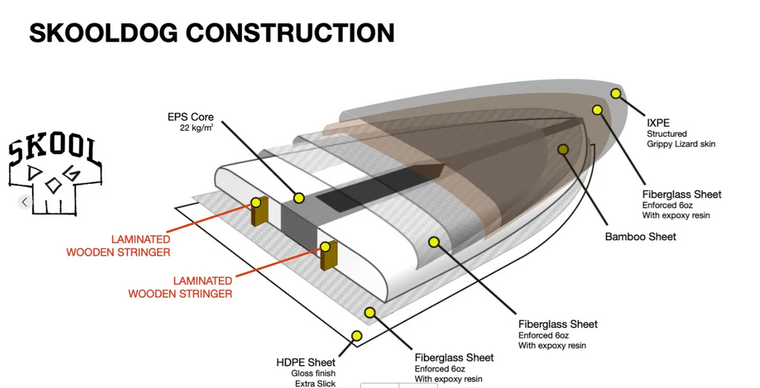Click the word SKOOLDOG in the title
tap(103, 32)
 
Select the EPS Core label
tap(191, 117)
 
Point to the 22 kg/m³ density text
tap(197, 129)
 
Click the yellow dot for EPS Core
tap(298, 198)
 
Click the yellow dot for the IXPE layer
tap(615, 93)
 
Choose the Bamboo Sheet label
tap(641, 237)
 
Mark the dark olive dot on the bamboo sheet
tap(563, 149)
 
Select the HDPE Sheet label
tap(306, 362)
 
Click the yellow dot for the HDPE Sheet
tap(356, 336)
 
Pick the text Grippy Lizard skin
tap(681, 144)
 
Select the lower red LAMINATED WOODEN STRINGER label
tap(180, 287)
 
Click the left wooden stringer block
tap(258, 211)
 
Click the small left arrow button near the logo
tap(25, 202)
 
